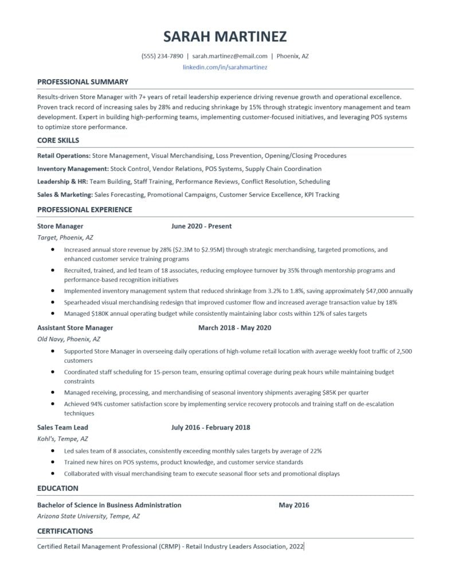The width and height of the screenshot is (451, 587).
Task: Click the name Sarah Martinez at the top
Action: point(225,37)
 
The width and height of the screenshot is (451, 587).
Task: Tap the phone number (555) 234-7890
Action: point(162,56)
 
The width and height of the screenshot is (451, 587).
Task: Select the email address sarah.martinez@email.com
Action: point(230,56)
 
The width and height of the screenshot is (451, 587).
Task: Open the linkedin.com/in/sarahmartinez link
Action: point(225,67)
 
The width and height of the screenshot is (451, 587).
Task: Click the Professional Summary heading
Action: point(83,82)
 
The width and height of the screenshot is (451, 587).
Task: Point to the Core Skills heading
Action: point(58,140)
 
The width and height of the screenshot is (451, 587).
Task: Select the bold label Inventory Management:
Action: point(73,169)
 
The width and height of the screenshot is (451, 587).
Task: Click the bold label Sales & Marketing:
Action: point(65,194)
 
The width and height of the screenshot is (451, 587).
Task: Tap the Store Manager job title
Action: point(60,226)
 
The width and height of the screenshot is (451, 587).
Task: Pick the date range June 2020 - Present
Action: point(201,226)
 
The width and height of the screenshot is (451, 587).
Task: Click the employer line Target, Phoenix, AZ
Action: point(65,237)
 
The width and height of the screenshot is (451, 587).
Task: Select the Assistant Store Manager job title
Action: point(75,328)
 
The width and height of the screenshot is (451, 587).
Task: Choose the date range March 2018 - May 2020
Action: point(234,328)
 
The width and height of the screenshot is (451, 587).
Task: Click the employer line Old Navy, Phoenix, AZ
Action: point(69,339)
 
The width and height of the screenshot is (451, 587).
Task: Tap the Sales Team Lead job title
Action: point(62,427)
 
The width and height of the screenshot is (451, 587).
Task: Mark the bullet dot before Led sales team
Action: point(53,451)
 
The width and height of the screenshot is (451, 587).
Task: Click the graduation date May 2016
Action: point(294,505)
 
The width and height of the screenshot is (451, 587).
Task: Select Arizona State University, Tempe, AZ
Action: point(88,516)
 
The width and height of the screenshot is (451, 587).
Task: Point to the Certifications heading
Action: point(65,531)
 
